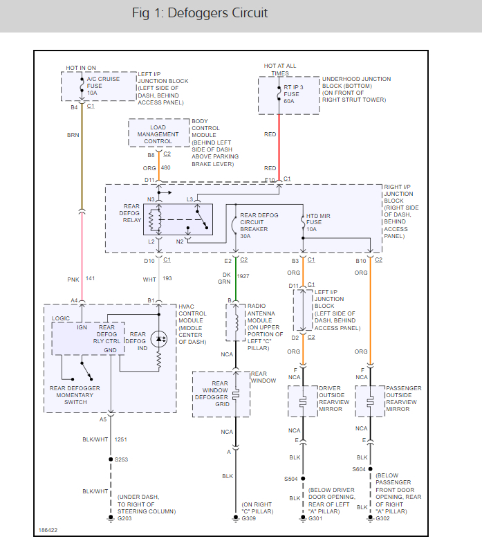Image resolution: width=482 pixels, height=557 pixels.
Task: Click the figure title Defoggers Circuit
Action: click(200, 13)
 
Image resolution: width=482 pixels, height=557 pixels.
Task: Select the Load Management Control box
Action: click(158, 134)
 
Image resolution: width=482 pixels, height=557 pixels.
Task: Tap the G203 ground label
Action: click(124, 518)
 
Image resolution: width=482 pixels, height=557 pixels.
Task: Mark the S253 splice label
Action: click(122, 459)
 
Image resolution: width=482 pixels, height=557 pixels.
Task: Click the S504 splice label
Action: click(290, 478)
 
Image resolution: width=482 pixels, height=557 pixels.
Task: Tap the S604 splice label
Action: click(358, 470)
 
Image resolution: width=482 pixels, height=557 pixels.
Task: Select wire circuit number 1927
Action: click(243, 276)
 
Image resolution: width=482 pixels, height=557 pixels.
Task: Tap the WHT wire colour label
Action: click(149, 279)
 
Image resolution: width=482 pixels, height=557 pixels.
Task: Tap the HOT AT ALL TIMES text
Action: click(279, 69)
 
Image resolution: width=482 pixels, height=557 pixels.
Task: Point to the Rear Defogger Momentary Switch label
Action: click(77, 396)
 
